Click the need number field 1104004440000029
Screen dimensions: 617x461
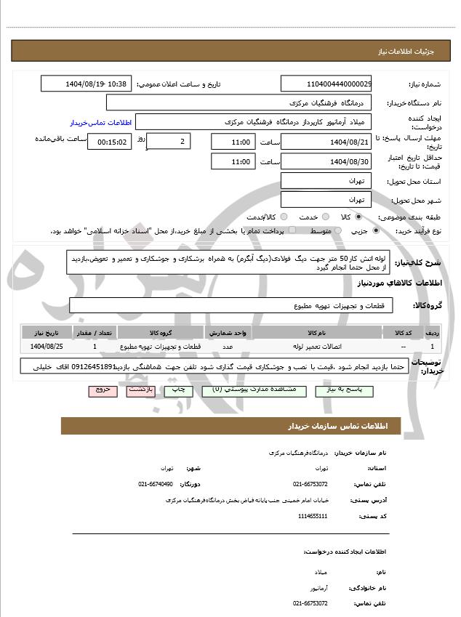pyautogui.click(x=325, y=84)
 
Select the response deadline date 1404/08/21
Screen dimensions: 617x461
pyautogui.click(x=325, y=142)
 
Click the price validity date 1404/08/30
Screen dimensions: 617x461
pyautogui.click(x=325, y=161)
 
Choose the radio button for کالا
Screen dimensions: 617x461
pyautogui.click(x=358, y=217)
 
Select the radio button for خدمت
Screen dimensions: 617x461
pyautogui.click(x=324, y=217)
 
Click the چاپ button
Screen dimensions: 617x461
pyautogui.click(x=179, y=390)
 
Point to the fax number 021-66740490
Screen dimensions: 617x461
pyautogui.click(x=156, y=484)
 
